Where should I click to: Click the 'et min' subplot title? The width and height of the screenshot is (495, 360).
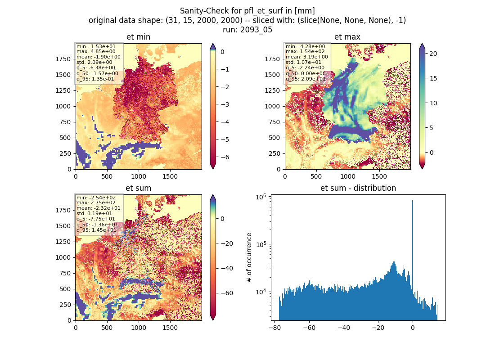pyautogui.click(x=138, y=37)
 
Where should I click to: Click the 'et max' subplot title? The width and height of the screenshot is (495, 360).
pyautogui.click(x=347, y=37)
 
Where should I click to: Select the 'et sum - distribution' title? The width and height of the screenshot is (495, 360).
pyautogui.click(x=358, y=188)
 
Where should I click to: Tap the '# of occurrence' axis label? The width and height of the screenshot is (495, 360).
pyautogui.click(x=249, y=258)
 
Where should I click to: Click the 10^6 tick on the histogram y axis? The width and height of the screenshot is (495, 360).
pyautogui.click(x=261, y=197)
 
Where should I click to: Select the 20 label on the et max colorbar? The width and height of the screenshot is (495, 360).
pyautogui.click(x=433, y=54)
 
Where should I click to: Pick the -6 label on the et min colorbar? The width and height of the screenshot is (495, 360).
pyautogui.click(x=225, y=157)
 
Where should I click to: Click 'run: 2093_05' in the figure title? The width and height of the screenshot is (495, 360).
pyautogui.click(x=247, y=30)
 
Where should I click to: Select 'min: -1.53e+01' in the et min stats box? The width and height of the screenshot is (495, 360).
pyautogui.click(x=96, y=46)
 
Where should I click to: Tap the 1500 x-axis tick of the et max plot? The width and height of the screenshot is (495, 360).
pyautogui.click(x=379, y=176)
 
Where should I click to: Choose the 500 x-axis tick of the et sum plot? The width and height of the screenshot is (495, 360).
pyautogui.click(x=107, y=328)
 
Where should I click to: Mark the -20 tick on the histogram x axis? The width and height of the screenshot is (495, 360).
pyautogui.click(x=378, y=328)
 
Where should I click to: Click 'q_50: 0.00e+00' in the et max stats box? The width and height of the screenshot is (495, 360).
pyautogui.click(x=306, y=73)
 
